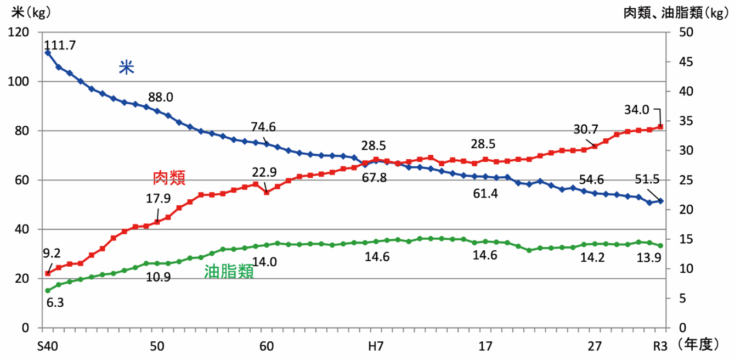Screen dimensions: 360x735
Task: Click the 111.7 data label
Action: (x=60, y=46)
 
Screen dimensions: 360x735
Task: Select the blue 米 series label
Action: (x=127, y=67)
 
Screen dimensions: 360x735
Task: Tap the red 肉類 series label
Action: (x=169, y=177)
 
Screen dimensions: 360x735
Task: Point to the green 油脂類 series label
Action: (x=229, y=272)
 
